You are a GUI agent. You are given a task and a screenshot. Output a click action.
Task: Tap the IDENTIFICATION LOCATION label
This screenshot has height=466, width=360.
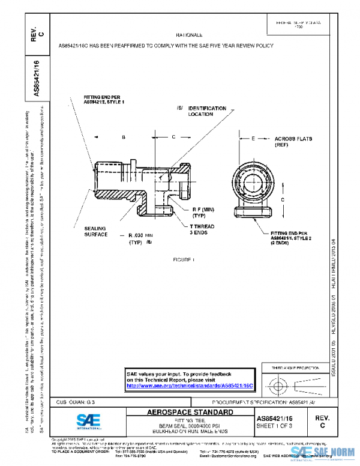[x=207, y=111]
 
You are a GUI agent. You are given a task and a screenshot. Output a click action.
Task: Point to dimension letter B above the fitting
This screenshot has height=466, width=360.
[x=123, y=138]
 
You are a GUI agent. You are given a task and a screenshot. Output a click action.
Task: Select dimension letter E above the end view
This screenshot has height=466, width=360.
[x=253, y=138]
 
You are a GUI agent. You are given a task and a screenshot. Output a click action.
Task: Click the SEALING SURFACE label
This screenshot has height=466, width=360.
[x=96, y=232]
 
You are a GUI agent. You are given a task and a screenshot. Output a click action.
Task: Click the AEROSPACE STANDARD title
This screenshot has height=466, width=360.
[x=190, y=413]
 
